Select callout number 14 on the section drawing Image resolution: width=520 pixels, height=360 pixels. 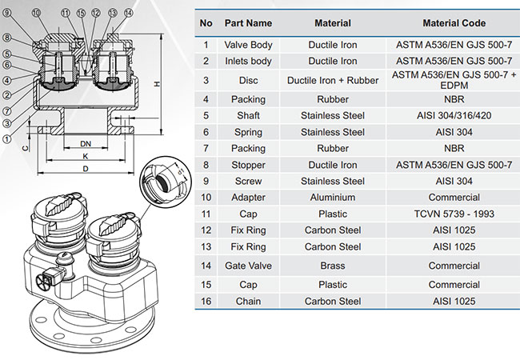pyautogui.click(x=127, y=14)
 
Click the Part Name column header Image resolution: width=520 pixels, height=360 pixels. pyautogui.click(x=248, y=23)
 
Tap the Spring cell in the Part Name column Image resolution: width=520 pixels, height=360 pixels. pyautogui.click(x=248, y=131)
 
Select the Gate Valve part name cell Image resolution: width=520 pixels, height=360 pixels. pyautogui.click(x=248, y=266)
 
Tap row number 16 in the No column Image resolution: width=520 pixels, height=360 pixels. pyautogui.click(x=206, y=301)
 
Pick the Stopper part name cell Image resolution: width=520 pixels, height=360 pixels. pyautogui.click(x=248, y=165)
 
